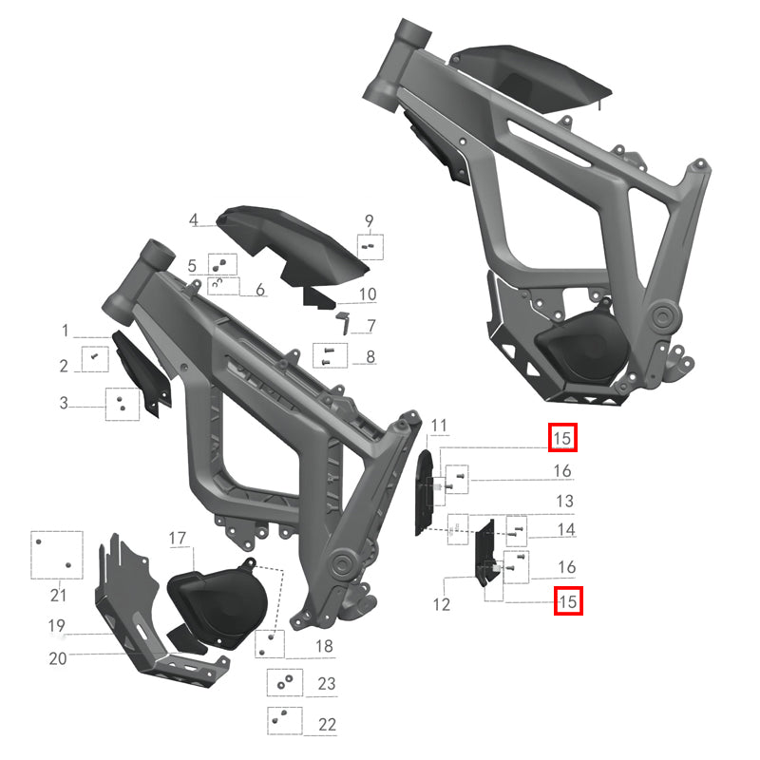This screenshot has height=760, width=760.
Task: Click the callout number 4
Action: pos(194,220)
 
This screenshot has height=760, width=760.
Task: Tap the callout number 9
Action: pos(369,221)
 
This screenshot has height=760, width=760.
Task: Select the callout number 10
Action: pos(368,294)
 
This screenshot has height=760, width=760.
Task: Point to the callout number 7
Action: pos(370,326)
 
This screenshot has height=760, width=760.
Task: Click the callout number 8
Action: pos(370,358)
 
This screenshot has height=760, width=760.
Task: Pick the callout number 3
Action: pos(64,403)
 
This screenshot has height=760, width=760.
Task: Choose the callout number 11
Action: pos(438,424)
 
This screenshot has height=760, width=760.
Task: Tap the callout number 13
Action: pos(565,501)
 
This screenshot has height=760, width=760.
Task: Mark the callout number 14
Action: pos(565,529)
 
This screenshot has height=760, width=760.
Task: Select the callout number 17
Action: pos(178,540)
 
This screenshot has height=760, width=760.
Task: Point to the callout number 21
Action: pos(58,596)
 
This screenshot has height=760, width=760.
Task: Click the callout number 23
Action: pos(327,683)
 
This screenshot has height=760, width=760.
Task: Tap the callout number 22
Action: pos(327,724)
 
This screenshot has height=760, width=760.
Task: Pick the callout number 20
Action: pos(58,657)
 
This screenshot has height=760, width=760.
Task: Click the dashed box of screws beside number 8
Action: pos(326,356)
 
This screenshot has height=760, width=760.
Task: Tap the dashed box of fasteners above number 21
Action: pos(57,554)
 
